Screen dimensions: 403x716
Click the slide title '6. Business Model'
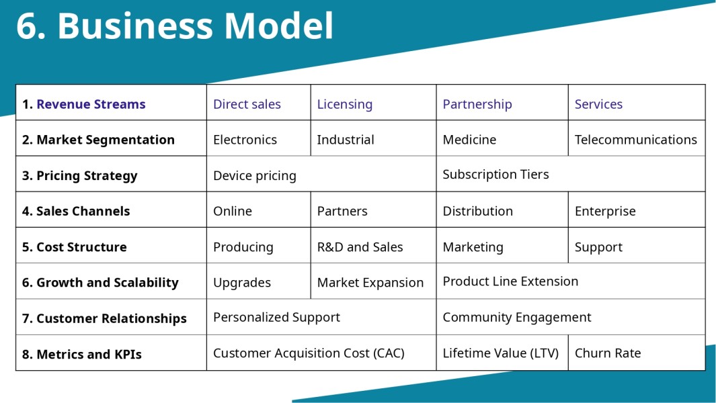[x=175, y=27]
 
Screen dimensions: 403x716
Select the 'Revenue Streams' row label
[x=84, y=104]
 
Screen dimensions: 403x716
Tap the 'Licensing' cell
[x=345, y=104]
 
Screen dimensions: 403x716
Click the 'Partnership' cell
[x=477, y=104]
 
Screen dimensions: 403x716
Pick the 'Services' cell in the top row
[x=598, y=104]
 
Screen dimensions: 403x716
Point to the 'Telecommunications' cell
[x=635, y=140]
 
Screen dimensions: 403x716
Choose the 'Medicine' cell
[x=469, y=140]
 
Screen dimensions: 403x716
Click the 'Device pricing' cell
[x=255, y=175]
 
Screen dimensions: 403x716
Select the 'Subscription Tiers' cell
[x=495, y=174]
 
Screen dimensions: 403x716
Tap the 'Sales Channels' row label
[x=76, y=211]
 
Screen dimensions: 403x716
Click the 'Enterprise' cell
[x=605, y=211]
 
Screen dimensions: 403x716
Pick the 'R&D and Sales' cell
[x=360, y=247]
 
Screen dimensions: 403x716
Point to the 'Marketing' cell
[x=473, y=247]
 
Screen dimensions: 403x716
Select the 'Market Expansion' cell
[x=370, y=283]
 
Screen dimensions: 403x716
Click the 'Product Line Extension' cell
[x=510, y=281]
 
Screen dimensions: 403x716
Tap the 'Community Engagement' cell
[x=517, y=317]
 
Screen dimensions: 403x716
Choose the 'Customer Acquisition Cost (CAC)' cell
[x=309, y=353]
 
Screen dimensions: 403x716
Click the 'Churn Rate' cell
[x=608, y=353]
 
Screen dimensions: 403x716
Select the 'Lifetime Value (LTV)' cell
[x=500, y=353]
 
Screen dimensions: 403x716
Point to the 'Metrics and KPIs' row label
[x=82, y=354]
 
